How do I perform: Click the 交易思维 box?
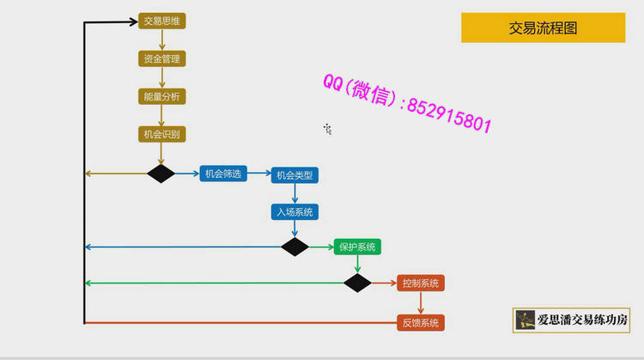click(161, 21)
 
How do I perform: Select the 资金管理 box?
click(161, 58)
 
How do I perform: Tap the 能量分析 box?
click(161, 96)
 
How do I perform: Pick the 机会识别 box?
click(161, 134)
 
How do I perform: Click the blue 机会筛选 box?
click(223, 174)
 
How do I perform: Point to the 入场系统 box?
click(295, 211)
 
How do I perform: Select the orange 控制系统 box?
click(421, 283)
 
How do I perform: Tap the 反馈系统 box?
click(421, 323)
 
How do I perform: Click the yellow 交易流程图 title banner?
click(543, 27)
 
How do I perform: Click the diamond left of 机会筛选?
click(161, 174)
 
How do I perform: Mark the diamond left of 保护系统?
click(295, 247)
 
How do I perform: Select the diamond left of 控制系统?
click(357, 283)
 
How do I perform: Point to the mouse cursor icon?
click(327, 129)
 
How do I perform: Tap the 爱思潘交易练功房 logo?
click(572, 320)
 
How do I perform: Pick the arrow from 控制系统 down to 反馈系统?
click(421, 302)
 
